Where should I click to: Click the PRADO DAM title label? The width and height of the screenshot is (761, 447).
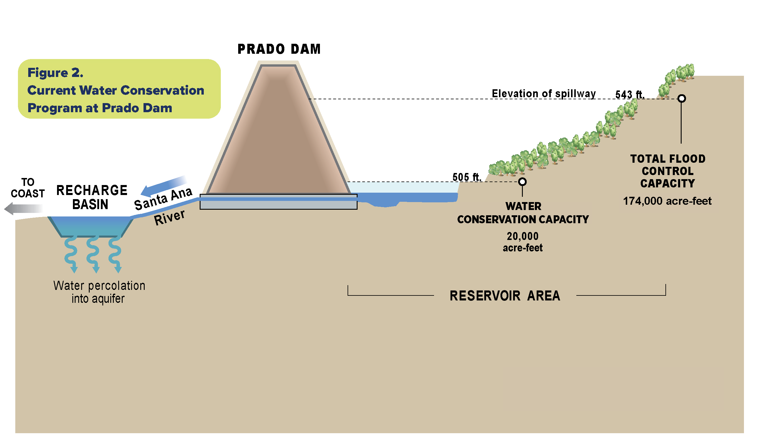(x=279, y=49)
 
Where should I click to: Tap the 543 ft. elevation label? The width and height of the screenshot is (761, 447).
(x=629, y=95)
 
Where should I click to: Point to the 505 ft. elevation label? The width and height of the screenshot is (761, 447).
(x=466, y=177)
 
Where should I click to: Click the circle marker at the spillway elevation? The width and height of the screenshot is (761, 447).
(x=681, y=98)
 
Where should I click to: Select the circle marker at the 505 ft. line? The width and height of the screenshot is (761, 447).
(x=522, y=182)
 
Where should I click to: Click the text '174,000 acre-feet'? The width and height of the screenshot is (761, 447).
(x=667, y=201)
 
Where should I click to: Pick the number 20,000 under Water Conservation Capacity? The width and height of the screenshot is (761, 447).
(x=523, y=236)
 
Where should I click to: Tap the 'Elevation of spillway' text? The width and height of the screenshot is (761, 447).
(x=544, y=93)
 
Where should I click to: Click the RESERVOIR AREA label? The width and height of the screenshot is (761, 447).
(x=505, y=296)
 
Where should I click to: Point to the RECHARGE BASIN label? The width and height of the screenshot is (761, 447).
(x=91, y=197)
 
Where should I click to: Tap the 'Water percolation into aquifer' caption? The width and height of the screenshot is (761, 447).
(x=99, y=292)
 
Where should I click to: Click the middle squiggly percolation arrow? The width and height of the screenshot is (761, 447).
(x=93, y=253)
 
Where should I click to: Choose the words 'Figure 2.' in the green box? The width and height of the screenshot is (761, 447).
(x=55, y=73)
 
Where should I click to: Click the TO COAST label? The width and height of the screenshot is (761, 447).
(x=27, y=188)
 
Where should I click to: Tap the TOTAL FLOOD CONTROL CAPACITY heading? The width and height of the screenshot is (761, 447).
(x=667, y=171)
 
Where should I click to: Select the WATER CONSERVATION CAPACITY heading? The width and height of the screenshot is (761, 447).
(x=523, y=213)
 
